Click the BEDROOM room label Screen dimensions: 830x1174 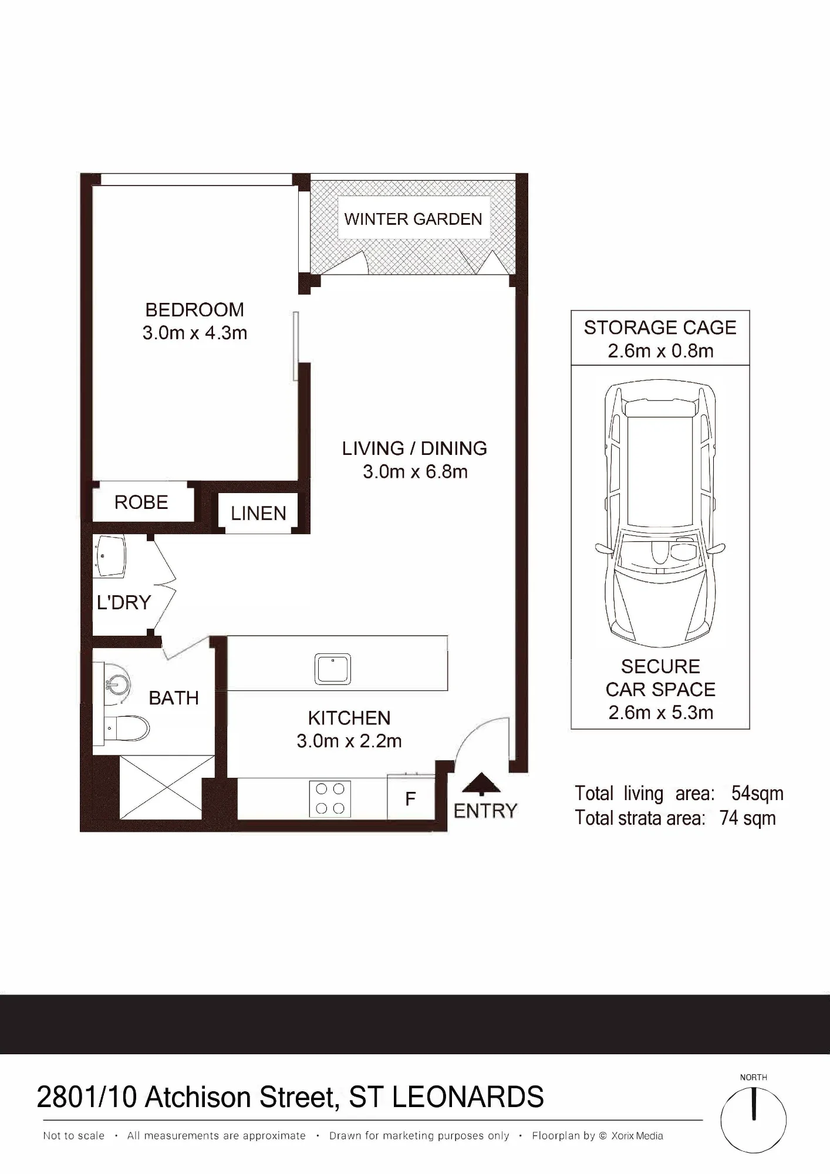point(194,309)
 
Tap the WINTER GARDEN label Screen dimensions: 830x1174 point(413,219)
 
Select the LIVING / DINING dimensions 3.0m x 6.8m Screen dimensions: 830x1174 point(415,471)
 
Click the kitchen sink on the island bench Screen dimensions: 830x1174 point(333,669)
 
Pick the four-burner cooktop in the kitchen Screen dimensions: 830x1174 point(330,799)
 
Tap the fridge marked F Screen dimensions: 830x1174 point(411,798)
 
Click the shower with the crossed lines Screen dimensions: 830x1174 point(167,787)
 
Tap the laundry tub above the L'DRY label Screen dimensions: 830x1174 point(109,556)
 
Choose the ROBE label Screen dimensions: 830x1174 point(141,502)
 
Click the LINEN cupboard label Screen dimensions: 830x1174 point(259,514)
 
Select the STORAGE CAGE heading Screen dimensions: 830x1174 point(660,328)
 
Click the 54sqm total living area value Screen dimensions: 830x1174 point(757,794)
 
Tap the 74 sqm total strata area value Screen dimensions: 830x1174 point(748,818)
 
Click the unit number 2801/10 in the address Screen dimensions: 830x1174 point(87,1097)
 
